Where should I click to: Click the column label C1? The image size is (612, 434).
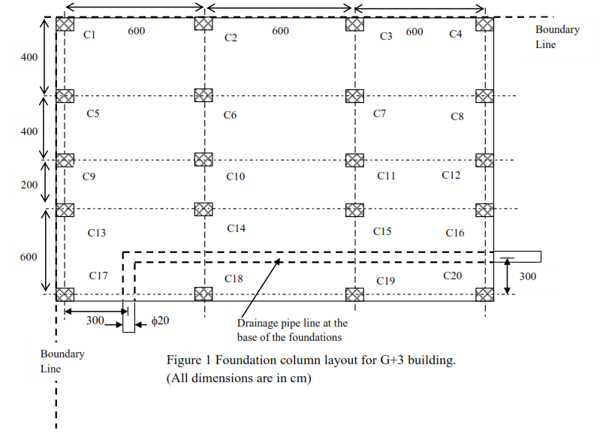[x=89, y=35]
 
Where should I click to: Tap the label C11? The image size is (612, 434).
[x=386, y=176]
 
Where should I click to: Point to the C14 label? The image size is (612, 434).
[x=236, y=228]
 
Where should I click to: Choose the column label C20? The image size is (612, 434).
[x=453, y=276]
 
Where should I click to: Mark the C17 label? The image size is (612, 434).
[x=98, y=276]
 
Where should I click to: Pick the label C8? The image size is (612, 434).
[x=457, y=116]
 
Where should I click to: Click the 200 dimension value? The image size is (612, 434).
[x=29, y=184]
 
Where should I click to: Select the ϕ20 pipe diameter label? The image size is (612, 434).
[x=161, y=321]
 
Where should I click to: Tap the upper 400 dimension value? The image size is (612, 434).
[x=29, y=57]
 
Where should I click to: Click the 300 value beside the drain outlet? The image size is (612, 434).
[x=528, y=276]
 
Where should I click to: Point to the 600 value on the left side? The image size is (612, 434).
[x=29, y=257]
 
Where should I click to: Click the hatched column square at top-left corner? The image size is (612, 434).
[x=65, y=23]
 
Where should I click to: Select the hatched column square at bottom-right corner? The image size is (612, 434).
[x=484, y=294]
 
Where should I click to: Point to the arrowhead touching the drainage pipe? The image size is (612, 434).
[x=278, y=261]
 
